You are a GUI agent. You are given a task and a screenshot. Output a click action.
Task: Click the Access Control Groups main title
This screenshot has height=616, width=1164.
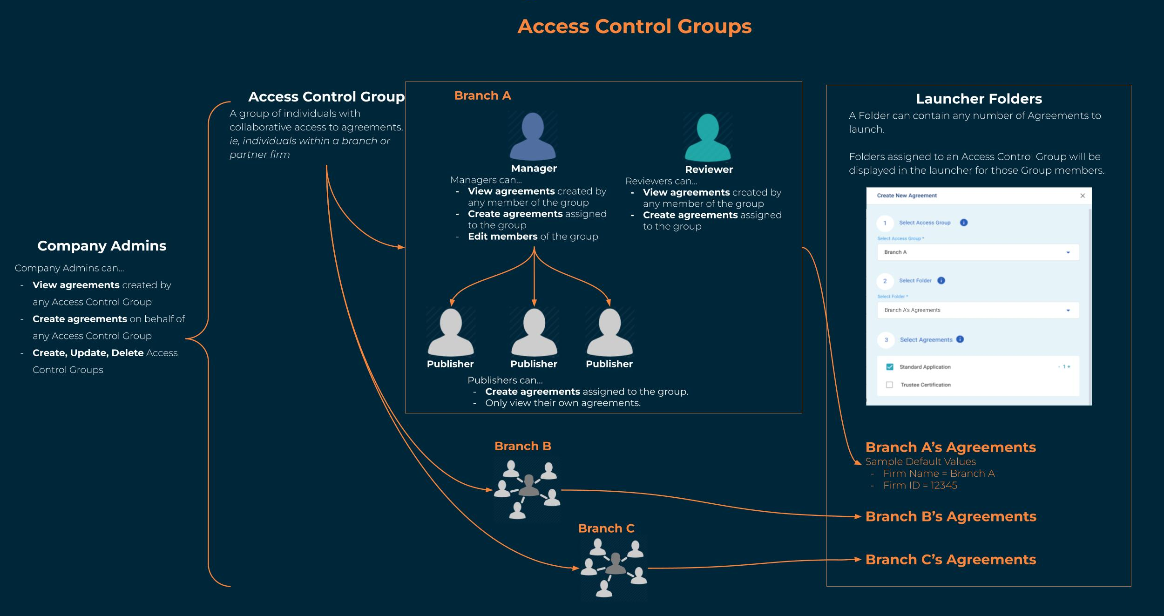(634, 26)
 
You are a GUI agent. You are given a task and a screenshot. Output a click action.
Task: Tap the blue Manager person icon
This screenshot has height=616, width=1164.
(533, 136)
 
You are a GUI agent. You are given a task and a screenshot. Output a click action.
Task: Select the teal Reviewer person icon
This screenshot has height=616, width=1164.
(708, 137)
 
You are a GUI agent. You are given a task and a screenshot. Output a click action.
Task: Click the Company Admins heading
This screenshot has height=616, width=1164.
(102, 246)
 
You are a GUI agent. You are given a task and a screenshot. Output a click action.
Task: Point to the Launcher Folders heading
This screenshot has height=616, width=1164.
(979, 99)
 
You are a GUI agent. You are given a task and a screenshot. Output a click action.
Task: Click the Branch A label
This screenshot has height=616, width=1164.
(482, 95)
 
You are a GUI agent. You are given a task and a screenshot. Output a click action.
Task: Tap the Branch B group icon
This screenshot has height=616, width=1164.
(527, 490)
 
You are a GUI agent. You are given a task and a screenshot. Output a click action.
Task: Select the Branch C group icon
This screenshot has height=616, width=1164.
(614, 568)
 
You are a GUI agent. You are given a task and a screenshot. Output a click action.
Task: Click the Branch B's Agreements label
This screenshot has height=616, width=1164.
(951, 516)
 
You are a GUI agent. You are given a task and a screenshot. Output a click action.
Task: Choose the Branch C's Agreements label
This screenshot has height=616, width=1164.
(951, 559)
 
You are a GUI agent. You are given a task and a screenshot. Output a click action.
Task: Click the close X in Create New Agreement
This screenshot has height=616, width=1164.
(1083, 196)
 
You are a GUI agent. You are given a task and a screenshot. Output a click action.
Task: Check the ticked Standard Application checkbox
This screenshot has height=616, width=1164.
(890, 367)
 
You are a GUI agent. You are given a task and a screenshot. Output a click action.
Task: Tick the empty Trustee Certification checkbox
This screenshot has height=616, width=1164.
(889, 385)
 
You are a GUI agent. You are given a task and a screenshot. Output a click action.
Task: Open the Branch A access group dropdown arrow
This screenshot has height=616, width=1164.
(1068, 252)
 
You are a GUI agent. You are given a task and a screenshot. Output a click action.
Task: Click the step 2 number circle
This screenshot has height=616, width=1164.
(885, 281)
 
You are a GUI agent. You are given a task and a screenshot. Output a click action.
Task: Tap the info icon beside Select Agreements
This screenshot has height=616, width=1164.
(960, 339)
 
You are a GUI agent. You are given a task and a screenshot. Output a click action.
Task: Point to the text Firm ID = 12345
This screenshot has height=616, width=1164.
(920, 486)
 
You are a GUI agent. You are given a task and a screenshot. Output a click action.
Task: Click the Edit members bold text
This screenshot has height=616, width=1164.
(503, 237)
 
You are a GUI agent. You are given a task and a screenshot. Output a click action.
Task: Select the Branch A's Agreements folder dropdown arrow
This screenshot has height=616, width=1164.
(1068, 311)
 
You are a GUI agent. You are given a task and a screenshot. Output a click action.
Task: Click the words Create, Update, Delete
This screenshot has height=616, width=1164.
(88, 353)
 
